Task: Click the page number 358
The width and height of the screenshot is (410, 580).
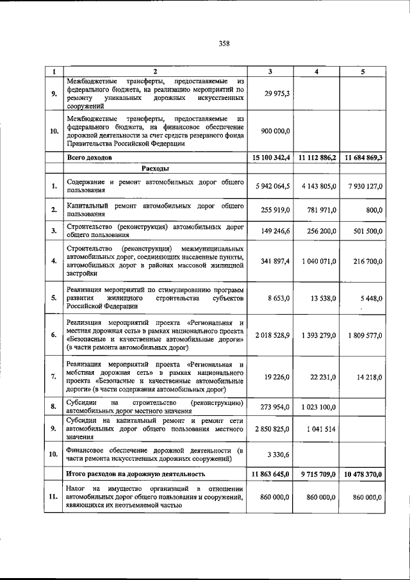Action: point(224,44)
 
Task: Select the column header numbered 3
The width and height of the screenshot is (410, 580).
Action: point(270,72)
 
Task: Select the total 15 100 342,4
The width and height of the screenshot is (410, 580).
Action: point(268,157)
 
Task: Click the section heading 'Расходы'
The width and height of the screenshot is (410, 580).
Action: point(155,169)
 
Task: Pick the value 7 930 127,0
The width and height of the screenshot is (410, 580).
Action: point(362,186)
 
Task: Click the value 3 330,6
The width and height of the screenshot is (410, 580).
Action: point(277,454)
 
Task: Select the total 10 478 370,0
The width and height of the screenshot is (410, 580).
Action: point(361,474)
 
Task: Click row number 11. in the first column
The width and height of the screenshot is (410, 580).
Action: point(53,497)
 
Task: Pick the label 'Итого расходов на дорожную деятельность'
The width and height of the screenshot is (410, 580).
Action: point(136,474)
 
